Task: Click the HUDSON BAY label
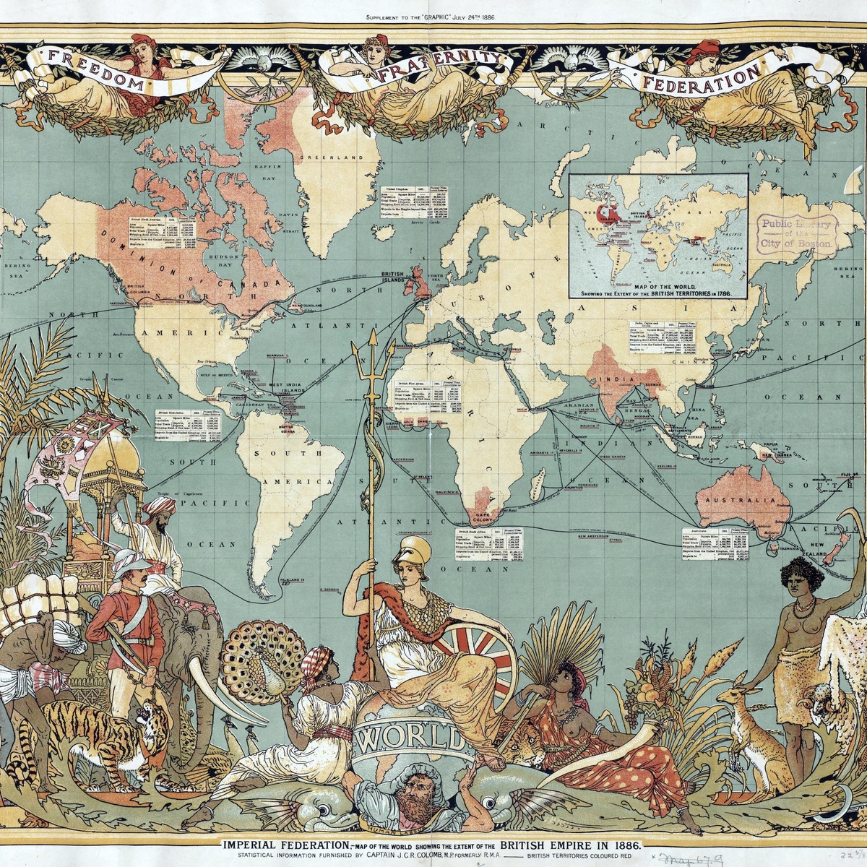click(220, 259)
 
